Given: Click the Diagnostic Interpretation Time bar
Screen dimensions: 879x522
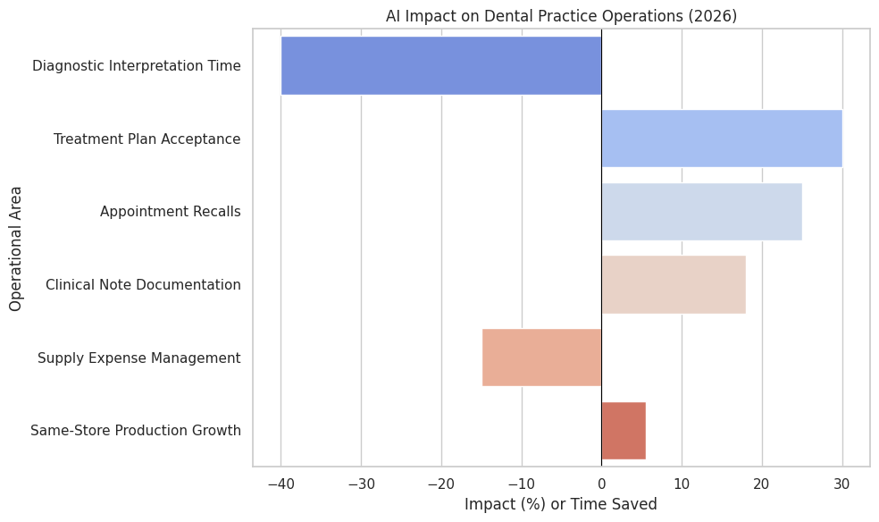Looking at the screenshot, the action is [x=441, y=65].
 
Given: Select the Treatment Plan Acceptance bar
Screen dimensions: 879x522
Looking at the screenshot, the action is [x=722, y=139].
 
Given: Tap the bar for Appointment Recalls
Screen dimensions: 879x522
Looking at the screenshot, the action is [x=701, y=212].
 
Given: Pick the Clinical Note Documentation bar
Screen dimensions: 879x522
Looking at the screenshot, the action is [x=674, y=285].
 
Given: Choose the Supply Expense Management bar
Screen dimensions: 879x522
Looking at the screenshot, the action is [x=541, y=358].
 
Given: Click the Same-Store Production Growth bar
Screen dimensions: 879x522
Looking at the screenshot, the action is [x=624, y=431].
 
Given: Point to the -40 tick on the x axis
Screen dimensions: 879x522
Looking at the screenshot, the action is [x=281, y=484].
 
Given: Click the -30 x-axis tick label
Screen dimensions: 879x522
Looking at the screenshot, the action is [x=361, y=484].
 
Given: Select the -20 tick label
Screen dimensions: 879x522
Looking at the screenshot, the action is [x=441, y=484].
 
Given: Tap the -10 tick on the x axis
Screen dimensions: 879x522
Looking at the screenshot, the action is [x=522, y=484].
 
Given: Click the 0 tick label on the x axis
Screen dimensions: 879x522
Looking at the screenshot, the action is [x=601, y=484].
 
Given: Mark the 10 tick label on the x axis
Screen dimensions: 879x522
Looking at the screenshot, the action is [x=682, y=484].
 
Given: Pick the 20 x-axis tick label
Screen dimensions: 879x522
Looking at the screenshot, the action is [x=762, y=484].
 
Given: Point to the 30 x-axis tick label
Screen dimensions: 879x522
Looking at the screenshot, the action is [x=841, y=484].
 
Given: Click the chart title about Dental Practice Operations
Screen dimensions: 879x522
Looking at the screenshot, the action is [x=561, y=16].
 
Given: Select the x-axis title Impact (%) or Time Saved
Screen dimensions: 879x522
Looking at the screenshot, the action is [x=561, y=504].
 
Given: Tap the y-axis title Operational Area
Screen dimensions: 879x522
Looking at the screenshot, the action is [x=16, y=248].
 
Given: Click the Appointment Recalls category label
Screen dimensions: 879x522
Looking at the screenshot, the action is [x=170, y=212].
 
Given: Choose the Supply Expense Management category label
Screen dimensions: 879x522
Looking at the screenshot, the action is [x=138, y=358].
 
